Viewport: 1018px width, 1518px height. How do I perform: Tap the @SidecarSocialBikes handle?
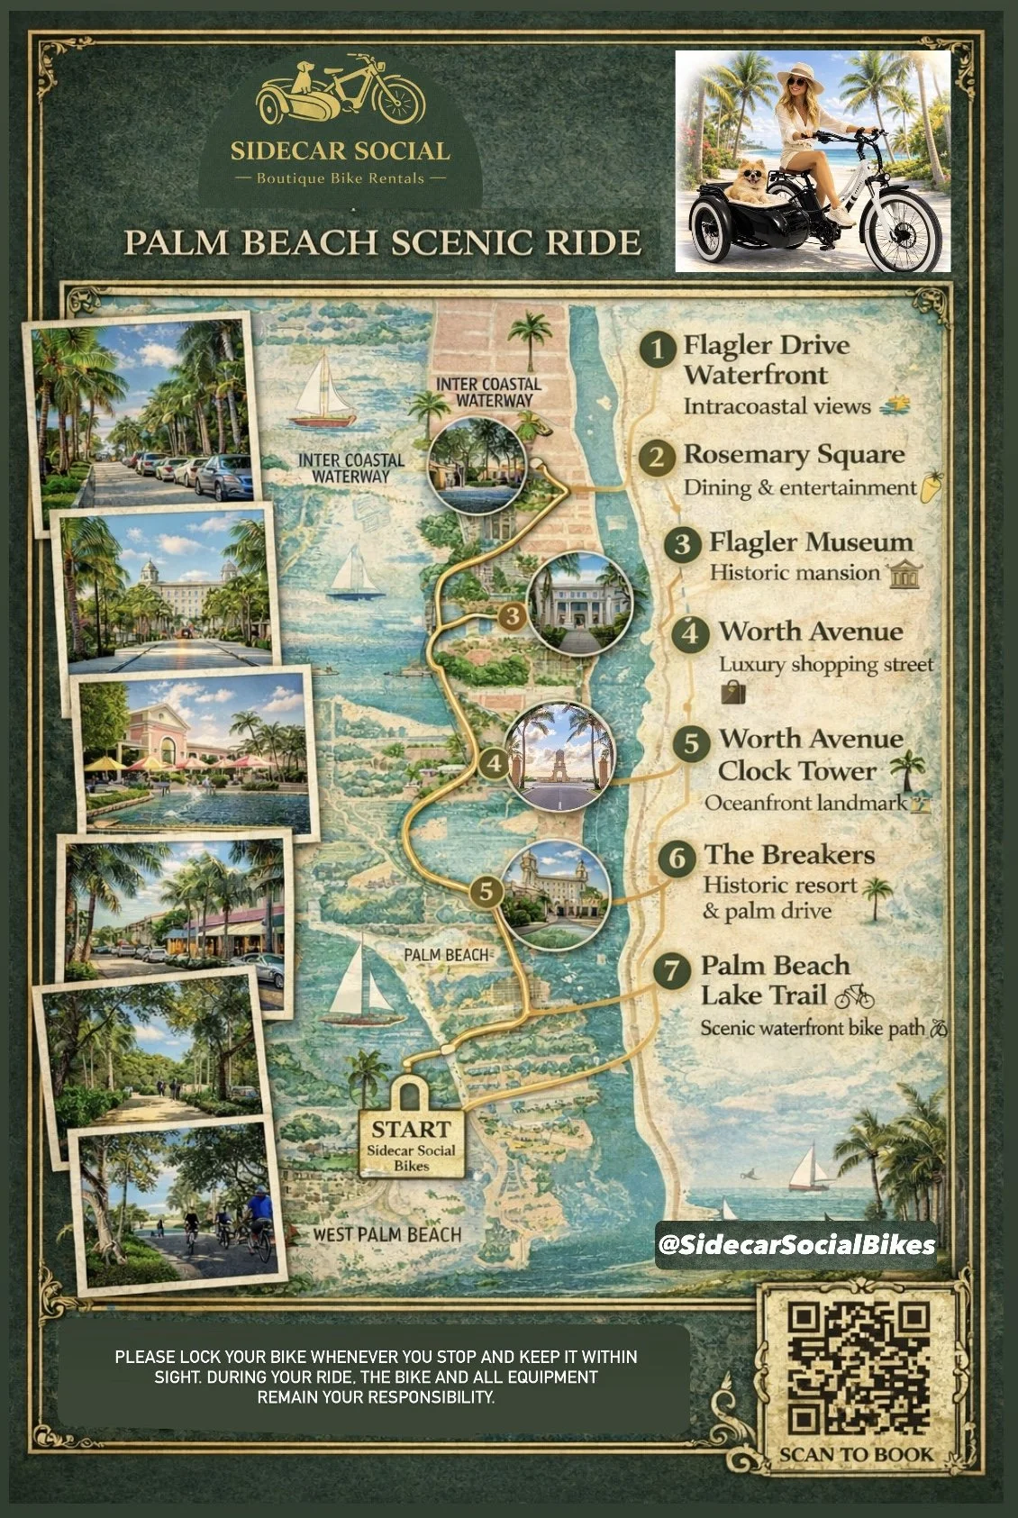click(796, 1245)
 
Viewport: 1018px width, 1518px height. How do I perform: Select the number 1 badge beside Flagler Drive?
click(659, 349)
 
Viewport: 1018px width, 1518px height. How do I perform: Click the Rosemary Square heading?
click(794, 454)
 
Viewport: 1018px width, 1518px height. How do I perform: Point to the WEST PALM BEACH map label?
click(386, 1235)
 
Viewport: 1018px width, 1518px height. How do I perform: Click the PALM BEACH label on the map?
click(446, 954)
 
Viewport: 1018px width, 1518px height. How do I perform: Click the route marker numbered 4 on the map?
click(494, 764)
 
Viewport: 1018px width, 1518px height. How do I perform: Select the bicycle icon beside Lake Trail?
click(854, 996)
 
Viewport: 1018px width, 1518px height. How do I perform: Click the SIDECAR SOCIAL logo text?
click(340, 150)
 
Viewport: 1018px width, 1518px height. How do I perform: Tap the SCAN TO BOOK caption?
click(857, 1454)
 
